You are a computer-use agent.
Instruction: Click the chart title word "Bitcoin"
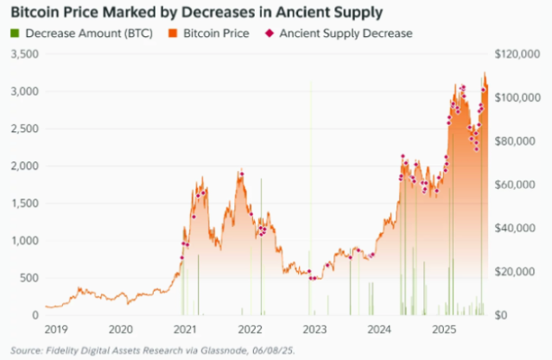coord(35,13)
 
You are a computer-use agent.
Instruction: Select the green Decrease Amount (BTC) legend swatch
coord(16,34)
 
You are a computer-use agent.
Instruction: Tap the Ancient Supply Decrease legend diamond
coord(270,34)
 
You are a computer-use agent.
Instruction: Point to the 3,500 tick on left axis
coord(25,54)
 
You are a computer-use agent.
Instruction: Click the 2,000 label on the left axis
coord(25,166)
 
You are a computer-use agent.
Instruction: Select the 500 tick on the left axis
coord(29,277)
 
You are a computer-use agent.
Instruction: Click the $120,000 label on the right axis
coord(518,54)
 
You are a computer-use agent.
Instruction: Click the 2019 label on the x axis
coord(56,330)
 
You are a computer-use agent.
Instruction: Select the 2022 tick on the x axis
coord(250,330)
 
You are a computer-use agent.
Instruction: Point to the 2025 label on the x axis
coord(444,330)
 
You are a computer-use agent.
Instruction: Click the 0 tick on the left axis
coord(35,315)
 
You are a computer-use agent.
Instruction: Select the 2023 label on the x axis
coord(314,330)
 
